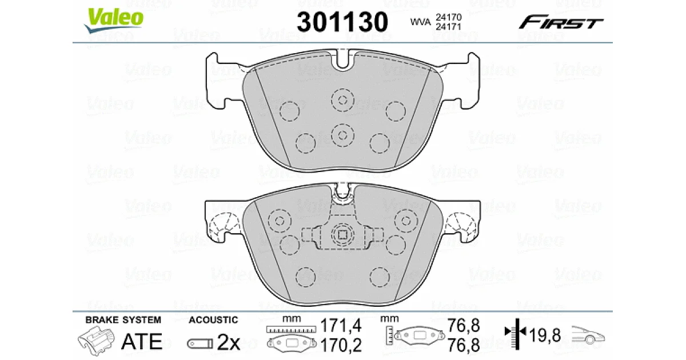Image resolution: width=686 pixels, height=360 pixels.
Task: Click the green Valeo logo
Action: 113,20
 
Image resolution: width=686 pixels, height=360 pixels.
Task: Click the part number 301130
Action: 342,22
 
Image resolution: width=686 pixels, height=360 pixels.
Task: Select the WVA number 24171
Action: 448,27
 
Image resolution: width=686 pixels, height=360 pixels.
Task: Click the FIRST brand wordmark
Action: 561,22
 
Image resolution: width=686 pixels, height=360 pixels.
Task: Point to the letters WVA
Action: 421,22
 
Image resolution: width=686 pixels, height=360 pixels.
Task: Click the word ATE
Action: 142,342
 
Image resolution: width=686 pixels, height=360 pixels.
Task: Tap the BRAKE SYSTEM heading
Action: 123,320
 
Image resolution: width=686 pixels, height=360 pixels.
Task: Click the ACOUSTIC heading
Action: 213,320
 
